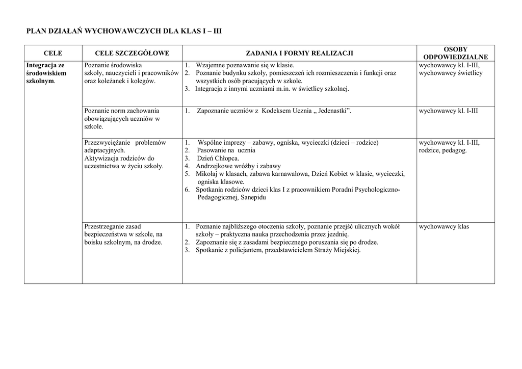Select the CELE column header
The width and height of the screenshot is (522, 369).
[x=53, y=53]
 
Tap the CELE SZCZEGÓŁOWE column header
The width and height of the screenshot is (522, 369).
[x=132, y=53]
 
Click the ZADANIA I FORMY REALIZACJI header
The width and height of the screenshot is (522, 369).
[x=299, y=53]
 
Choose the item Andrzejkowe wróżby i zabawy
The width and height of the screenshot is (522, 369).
[x=239, y=166]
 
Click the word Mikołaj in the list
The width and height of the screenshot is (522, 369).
[x=206, y=174]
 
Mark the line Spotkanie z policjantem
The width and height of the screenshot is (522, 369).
[x=278, y=250]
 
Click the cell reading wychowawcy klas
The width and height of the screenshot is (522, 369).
[x=443, y=226]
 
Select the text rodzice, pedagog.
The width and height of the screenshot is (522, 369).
[x=442, y=150]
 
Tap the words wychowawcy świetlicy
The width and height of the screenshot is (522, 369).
[x=451, y=73]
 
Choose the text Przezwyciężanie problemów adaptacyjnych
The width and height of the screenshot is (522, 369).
[x=125, y=146]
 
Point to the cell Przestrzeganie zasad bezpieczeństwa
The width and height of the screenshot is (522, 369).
[x=123, y=234]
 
